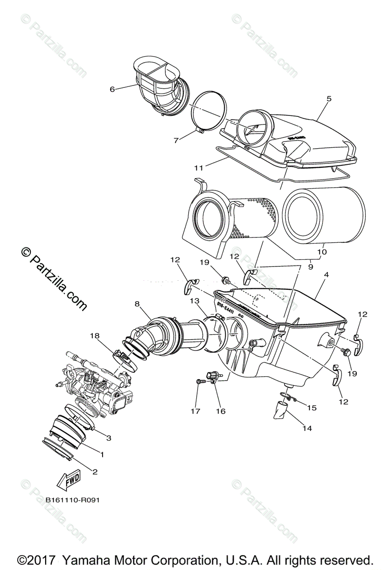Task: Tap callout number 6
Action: (112, 89)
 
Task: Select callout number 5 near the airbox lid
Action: (329, 99)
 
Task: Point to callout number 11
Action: (199, 167)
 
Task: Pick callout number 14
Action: (307, 428)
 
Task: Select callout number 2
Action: (95, 472)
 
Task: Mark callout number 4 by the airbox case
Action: (326, 275)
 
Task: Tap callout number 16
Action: (220, 411)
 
